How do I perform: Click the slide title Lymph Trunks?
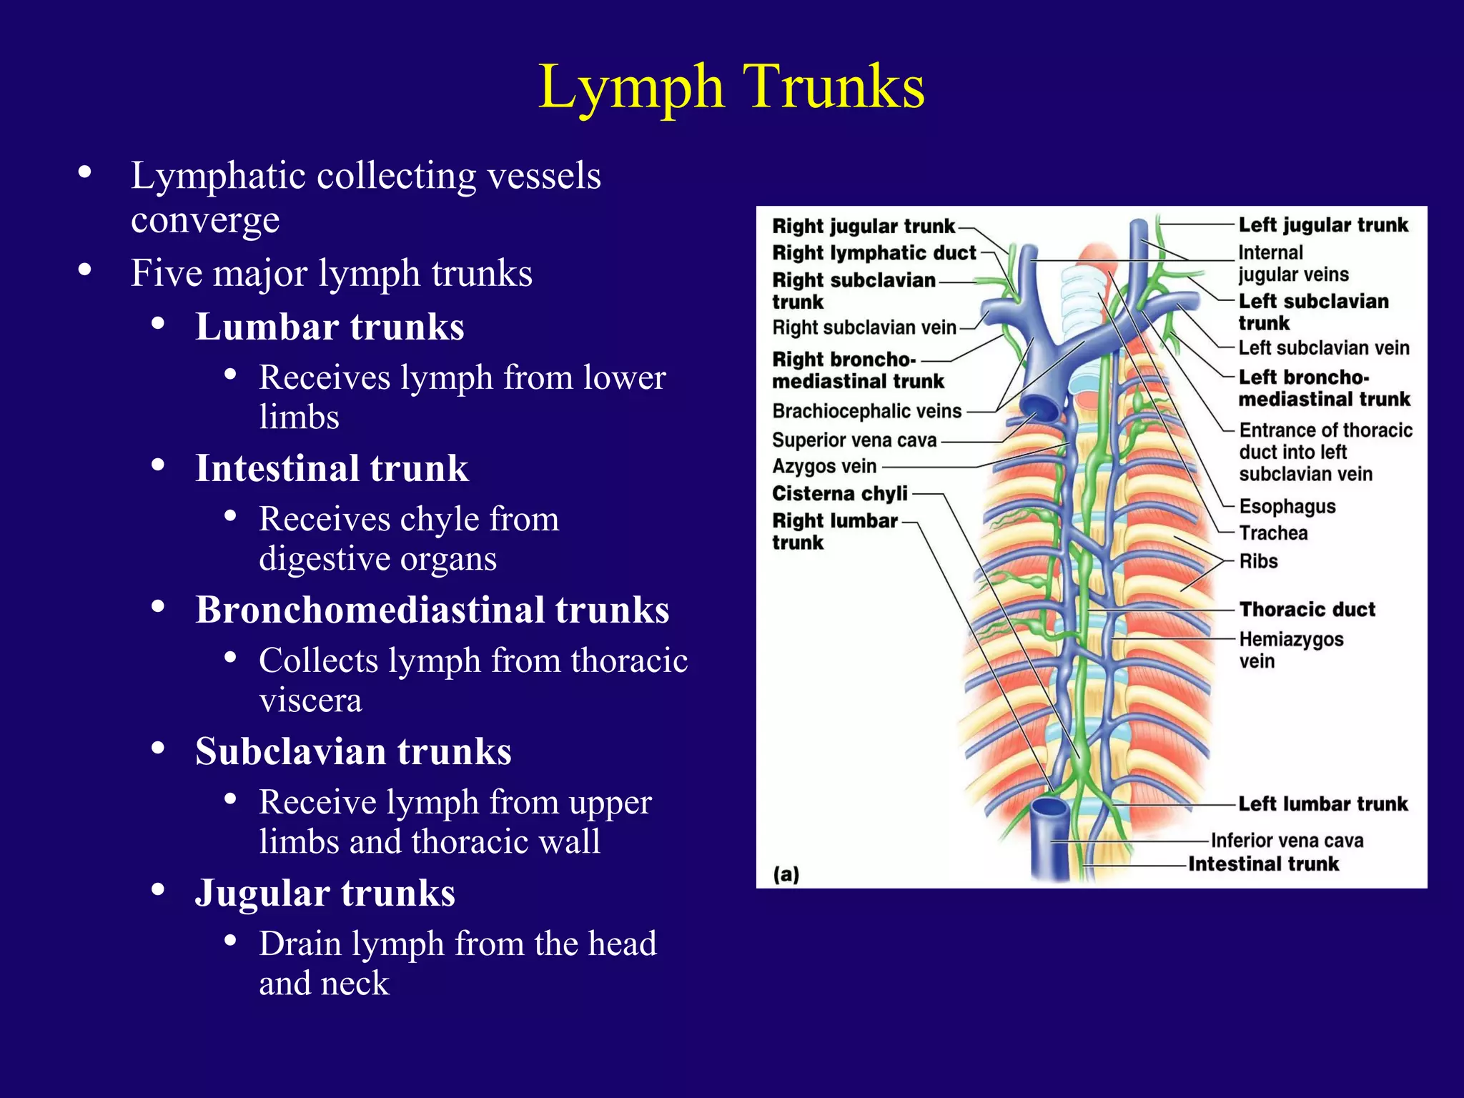731,87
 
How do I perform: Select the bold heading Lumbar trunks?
330,327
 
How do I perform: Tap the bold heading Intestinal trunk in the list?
332,469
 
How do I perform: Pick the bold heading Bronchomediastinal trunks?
432,610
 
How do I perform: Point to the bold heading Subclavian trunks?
353,752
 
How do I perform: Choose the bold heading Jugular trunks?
325,894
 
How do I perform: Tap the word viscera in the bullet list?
310,701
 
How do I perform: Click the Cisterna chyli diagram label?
839,494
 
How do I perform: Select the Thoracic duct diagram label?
1307,610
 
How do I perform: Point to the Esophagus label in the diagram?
1287,507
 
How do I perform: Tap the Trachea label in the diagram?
1273,533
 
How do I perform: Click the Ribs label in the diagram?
1258,562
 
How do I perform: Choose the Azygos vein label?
824,467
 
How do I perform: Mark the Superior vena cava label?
854,440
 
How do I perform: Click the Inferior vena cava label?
1287,841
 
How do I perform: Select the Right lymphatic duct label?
874,253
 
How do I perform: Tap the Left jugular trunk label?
1322,225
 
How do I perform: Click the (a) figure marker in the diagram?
786,874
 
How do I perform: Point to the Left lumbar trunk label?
1322,804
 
